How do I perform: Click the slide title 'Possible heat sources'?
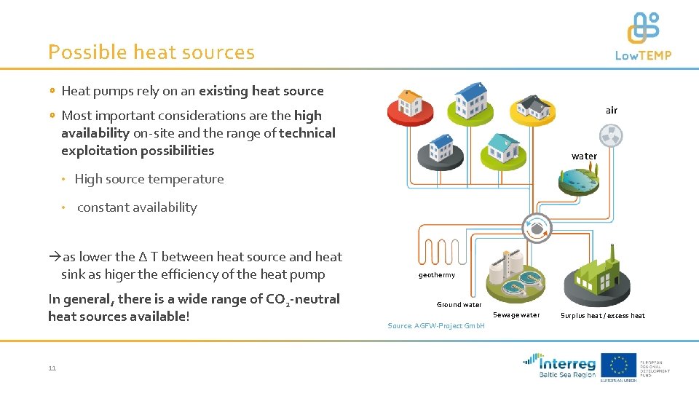tap(151, 52)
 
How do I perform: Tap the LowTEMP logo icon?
tap(643, 29)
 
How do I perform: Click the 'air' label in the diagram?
tap(611, 111)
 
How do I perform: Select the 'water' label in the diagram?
tap(584, 156)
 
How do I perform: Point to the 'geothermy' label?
tap(437, 275)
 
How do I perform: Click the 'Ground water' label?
tap(459, 305)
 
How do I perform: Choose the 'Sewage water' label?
tap(516, 315)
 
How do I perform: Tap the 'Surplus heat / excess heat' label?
tap(602, 316)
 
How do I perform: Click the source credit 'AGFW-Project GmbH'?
tap(436, 325)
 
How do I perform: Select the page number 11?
tap(52, 368)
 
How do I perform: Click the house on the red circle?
tap(409, 102)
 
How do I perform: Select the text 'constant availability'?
tap(137, 207)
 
